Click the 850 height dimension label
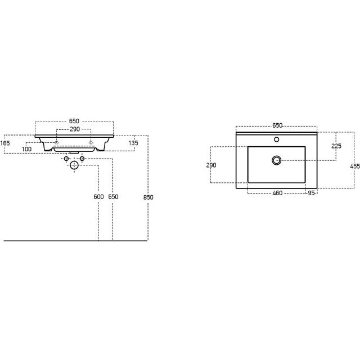pyautogui.click(x=148, y=197)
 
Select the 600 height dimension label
pyautogui.click(x=98, y=197)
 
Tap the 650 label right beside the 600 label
pyautogui.click(x=113, y=197)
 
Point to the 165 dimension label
pyautogui.click(x=5, y=143)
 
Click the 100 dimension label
pyautogui.click(x=26, y=149)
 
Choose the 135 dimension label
pyautogui.click(x=133, y=143)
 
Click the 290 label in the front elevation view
pyautogui.click(x=75, y=129)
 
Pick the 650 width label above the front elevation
pyautogui.click(x=74, y=121)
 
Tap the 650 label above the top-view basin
pyautogui.click(x=277, y=125)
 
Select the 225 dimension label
pyautogui.click(x=336, y=146)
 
